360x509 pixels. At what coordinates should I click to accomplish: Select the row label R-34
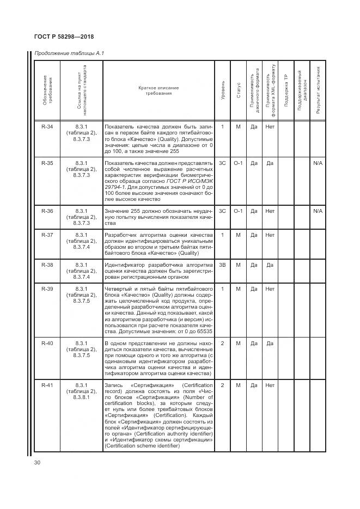point(47,127)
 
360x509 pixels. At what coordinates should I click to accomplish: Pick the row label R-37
point(47,235)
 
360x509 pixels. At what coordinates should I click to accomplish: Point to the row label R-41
point(47,385)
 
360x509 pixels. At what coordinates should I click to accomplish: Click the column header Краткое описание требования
point(158,90)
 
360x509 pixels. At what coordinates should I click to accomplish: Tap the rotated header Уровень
point(222,90)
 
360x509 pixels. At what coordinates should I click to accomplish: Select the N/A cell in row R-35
point(318,163)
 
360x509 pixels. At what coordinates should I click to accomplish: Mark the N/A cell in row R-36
point(318,211)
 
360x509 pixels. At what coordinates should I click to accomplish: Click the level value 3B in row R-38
point(222,265)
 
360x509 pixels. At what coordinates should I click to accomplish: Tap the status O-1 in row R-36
point(238,211)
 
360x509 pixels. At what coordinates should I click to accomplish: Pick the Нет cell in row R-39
point(269,289)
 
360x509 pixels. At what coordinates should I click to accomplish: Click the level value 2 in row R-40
point(222,344)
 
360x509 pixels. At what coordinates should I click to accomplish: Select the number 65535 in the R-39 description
point(201,330)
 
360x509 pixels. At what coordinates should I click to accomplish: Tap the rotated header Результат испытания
point(318,89)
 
